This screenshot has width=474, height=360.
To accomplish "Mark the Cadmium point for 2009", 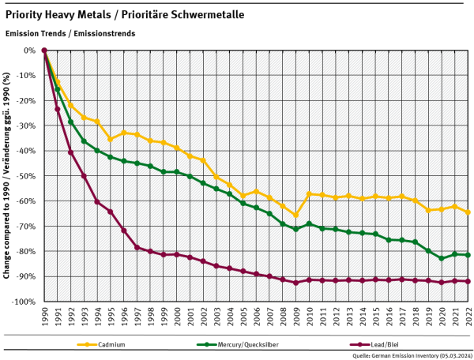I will tap(295, 215).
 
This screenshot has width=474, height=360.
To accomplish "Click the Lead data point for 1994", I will tap(97, 201).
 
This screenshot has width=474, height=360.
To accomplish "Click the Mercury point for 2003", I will tap(216, 189).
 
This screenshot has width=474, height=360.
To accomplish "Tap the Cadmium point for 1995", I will tap(110, 139).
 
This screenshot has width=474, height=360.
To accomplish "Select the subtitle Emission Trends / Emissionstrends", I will tap(70, 34).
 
